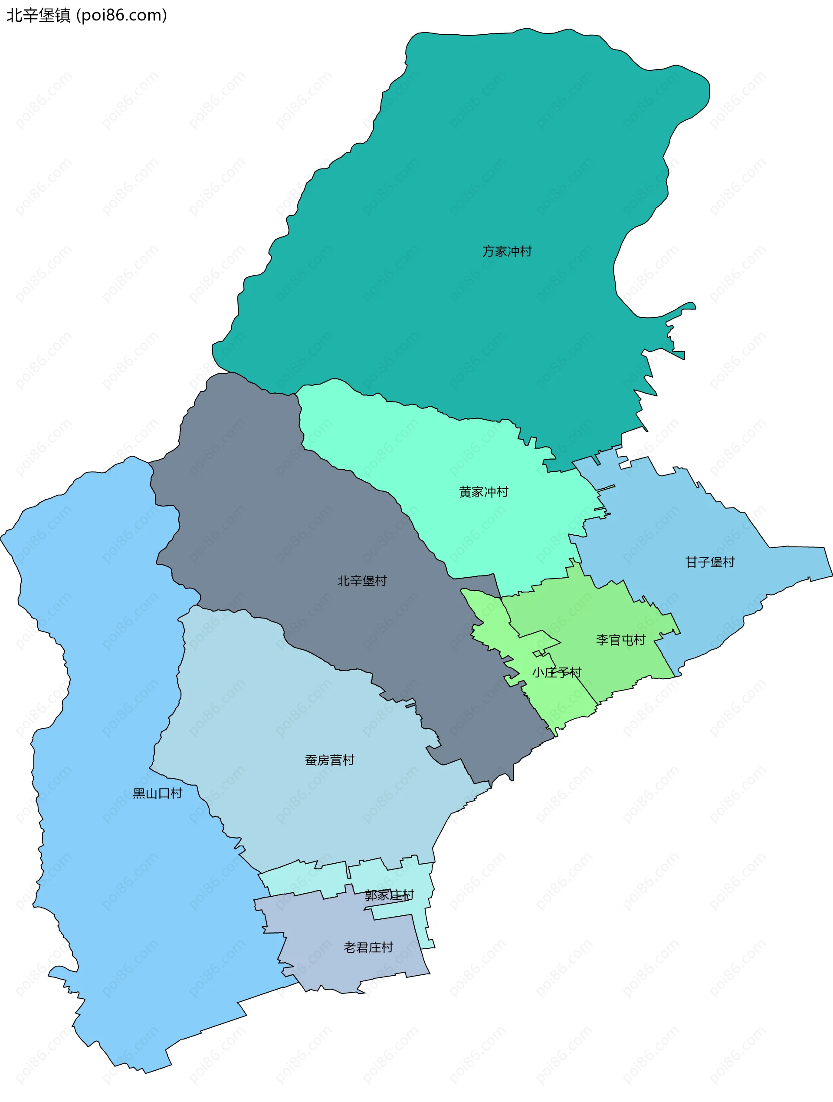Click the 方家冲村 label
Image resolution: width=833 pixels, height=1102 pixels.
point(506,252)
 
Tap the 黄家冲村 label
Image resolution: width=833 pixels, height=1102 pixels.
point(483,492)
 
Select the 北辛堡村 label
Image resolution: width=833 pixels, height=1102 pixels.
point(362,581)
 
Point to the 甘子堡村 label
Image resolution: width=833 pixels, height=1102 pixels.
point(710,563)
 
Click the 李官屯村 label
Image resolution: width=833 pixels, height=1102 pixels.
point(620,640)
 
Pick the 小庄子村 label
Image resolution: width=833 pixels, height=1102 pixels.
point(557,673)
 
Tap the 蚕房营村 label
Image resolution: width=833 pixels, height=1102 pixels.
point(330,760)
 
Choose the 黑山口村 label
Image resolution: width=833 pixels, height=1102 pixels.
point(157,793)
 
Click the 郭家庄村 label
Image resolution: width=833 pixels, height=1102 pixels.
point(389,896)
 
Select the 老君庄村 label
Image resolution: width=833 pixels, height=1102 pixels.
point(368,947)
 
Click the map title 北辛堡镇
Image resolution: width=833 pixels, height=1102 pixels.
point(39,16)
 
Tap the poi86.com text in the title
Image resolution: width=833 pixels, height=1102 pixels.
point(122,16)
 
